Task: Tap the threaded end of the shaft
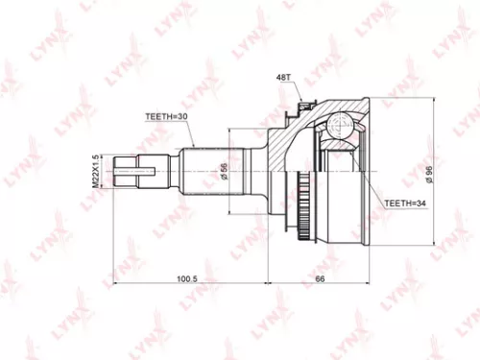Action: point(132,174)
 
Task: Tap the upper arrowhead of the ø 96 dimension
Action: point(437,99)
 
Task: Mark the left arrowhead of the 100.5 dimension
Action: point(117,285)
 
